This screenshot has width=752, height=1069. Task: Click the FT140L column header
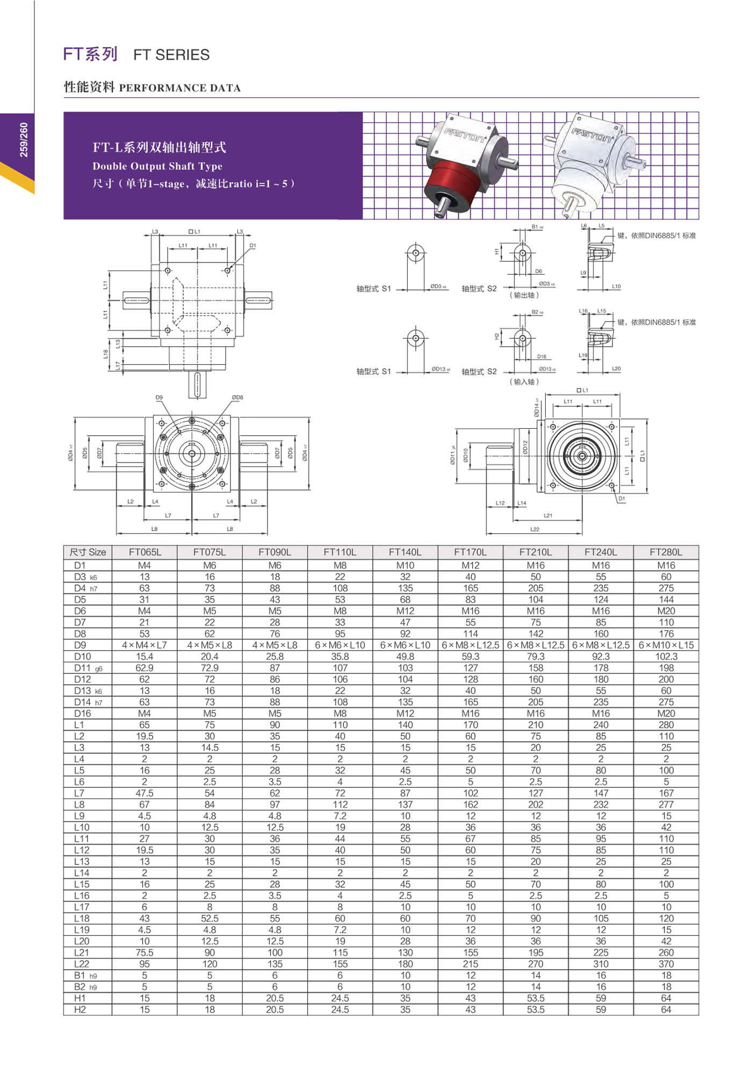coord(405,552)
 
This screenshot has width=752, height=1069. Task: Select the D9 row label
coord(80,645)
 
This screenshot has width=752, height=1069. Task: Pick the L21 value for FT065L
coord(144,953)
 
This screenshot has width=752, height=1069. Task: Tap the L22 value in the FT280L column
coord(666,964)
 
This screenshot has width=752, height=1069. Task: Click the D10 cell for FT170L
coord(471,656)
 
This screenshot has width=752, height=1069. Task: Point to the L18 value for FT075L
coord(209,918)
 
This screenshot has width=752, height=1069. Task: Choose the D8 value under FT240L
coord(601,634)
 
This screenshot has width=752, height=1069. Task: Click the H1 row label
coord(80,998)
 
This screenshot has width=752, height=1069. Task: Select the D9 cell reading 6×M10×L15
coord(666,645)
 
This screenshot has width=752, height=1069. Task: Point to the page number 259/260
coord(24,140)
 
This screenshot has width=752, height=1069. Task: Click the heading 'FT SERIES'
coord(171,55)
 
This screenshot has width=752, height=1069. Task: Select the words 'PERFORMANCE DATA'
coord(180,88)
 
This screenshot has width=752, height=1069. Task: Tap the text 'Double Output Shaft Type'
coord(157,166)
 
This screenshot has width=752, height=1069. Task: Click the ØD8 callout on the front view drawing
coord(237,398)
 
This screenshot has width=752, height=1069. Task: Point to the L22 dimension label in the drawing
coord(535,529)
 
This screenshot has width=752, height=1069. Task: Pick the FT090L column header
coord(274,552)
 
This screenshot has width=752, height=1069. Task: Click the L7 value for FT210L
coord(536,793)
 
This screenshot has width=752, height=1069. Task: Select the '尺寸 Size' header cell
coord(88,552)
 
